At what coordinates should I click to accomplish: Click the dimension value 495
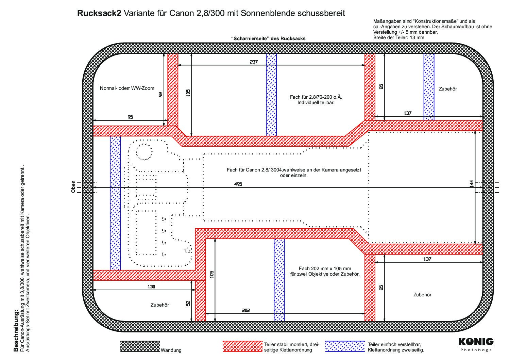(238, 184)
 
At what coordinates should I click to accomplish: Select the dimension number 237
(254, 62)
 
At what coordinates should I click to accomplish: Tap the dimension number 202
(246, 310)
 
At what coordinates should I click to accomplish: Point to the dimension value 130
(151, 287)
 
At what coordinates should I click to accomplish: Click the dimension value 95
(130, 117)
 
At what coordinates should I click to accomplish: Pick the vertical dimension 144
(472, 184)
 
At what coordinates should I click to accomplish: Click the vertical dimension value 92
(160, 94)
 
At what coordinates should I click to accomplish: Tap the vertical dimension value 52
(188, 304)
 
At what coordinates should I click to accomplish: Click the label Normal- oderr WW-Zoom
(127, 88)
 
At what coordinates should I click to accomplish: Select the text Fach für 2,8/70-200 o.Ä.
(316, 97)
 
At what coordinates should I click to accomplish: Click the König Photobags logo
(476, 345)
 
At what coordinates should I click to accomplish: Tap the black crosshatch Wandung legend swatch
(140, 346)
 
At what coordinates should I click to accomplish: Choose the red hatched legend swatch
(242, 346)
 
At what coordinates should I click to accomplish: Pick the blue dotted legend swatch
(345, 346)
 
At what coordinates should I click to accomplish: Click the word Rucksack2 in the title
(99, 13)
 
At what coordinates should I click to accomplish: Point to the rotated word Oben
(73, 187)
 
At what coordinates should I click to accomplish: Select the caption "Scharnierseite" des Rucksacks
(268, 38)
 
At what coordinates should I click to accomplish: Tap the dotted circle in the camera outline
(144, 152)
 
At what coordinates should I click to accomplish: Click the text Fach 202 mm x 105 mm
(325, 268)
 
